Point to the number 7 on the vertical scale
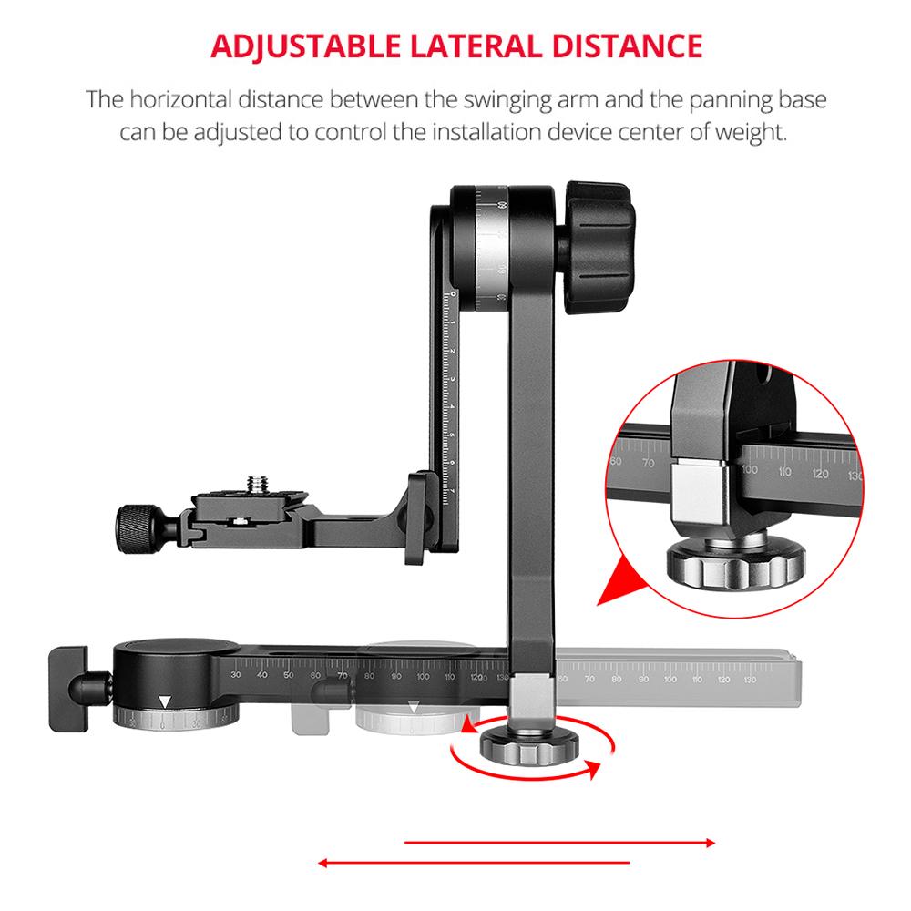(453, 492)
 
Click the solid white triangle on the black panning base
(164, 702)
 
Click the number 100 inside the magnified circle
(751, 471)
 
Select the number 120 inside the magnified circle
(820, 474)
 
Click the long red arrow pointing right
(559, 844)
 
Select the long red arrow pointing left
(474, 861)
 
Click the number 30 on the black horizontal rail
(236, 675)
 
